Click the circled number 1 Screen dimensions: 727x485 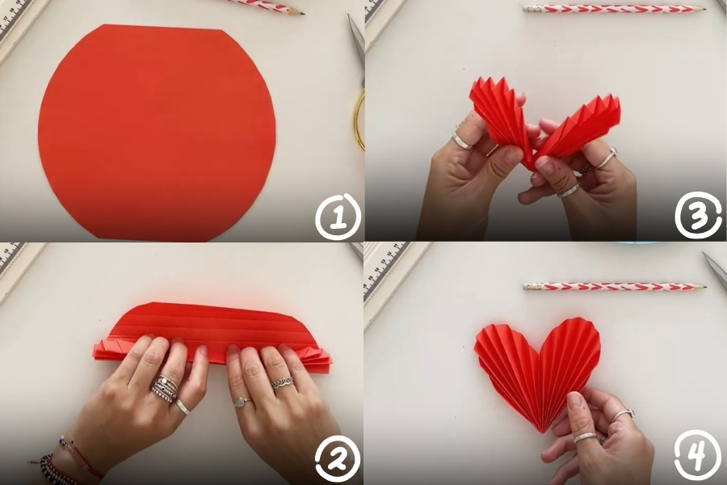(338, 217)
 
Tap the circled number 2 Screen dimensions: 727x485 (338, 458)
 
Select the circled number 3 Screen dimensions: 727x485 (698, 215)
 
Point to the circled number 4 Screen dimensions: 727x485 (698, 455)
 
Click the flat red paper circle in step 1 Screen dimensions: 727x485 (157, 133)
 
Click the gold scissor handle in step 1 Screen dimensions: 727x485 (359, 121)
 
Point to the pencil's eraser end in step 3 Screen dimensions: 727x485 (528, 8)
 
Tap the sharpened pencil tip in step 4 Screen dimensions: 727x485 (703, 286)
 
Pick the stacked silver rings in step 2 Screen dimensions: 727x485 (164, 389)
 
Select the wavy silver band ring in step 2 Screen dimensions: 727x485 (283, 383)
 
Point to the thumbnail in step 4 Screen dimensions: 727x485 (575, 403)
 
